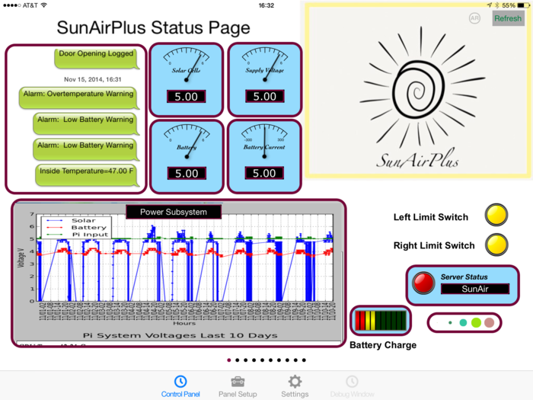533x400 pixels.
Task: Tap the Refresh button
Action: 508,18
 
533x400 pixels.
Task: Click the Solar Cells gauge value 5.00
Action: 187,97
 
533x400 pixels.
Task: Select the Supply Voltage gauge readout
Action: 264,97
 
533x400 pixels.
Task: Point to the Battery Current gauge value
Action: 264,173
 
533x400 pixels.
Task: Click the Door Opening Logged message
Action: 96,54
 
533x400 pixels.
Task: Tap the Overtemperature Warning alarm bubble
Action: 78,94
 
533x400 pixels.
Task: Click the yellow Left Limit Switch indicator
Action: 496,216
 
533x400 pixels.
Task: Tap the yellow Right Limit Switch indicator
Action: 496,245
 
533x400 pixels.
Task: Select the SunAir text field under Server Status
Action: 475,290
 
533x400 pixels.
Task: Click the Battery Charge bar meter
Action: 380,320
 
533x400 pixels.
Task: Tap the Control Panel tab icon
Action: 180,382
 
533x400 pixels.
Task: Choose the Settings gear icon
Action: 295,382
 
